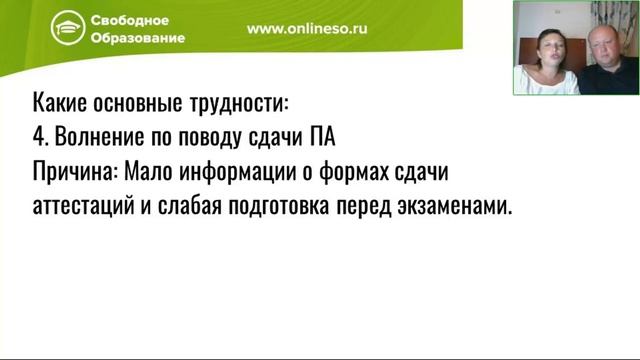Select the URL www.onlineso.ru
point(307,29)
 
